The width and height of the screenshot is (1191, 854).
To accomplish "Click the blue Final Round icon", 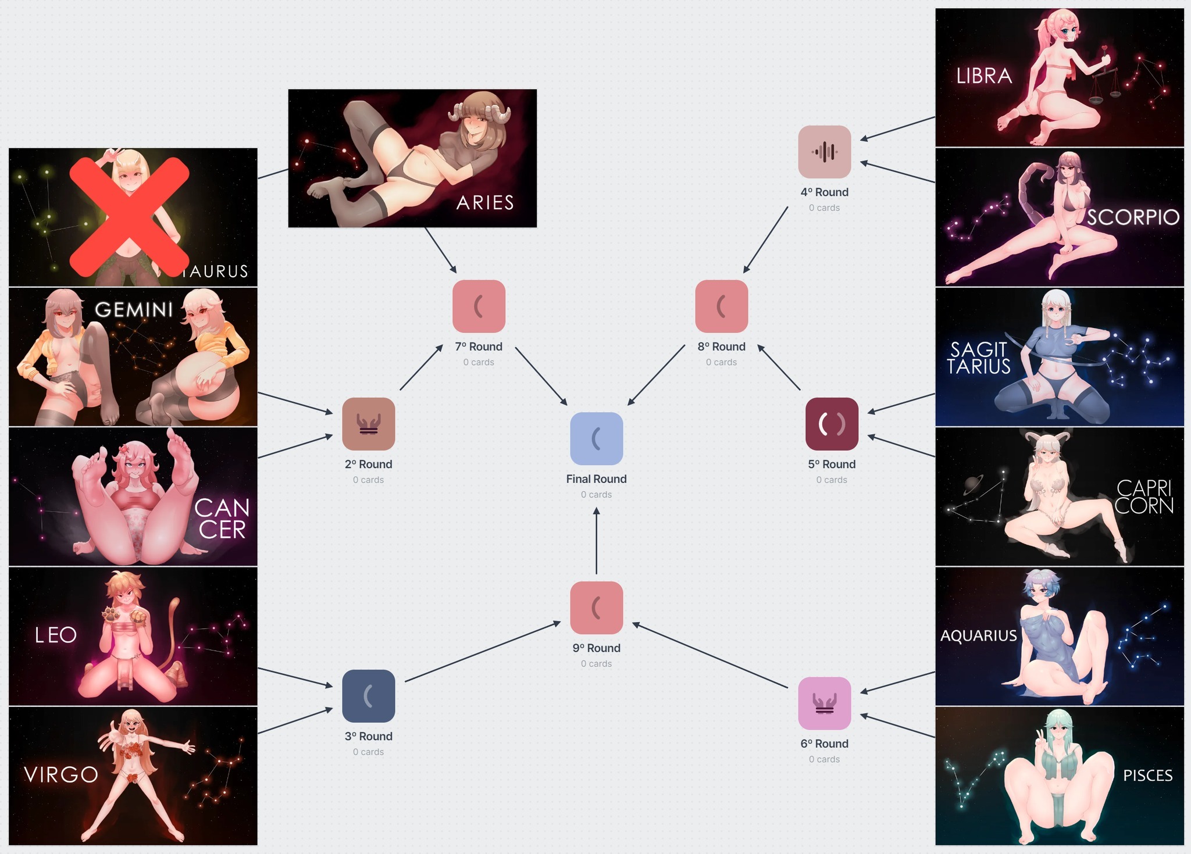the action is click(x=596, y=438).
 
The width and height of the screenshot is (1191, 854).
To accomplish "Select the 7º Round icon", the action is click(x=479, y=306).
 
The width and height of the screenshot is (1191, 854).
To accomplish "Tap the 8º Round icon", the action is click(x=721, y=306).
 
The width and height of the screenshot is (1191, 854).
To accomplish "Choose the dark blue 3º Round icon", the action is click(x=368, y=696).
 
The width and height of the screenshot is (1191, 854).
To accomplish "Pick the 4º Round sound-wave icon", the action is click(x=824, y=152).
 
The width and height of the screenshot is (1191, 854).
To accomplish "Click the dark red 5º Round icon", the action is click(x=832, y=424).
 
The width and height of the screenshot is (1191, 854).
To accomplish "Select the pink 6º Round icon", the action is click(x=824, y=703).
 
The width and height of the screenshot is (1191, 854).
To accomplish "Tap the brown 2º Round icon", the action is click(x=368, y=424).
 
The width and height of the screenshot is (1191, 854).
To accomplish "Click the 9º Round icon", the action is click(x=596, y=608).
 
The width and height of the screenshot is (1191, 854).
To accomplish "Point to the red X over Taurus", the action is click(x=130, y=217).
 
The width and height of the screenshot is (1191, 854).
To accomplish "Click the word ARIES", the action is click(x=485, y=202).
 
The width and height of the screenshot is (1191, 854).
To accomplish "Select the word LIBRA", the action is click(x=984, y=76).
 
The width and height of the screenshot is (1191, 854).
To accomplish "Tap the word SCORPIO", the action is click(x=1133, y=217).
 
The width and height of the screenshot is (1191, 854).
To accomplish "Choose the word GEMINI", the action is click(x=134, y=309).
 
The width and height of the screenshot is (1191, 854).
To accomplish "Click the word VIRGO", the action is click(x=61, y=774).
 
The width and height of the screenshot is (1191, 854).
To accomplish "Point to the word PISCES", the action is click(x=1147, y=776).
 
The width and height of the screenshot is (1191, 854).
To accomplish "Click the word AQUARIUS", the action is click(x=979, y=635).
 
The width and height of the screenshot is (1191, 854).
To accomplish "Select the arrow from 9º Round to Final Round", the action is click(x=596, y=541).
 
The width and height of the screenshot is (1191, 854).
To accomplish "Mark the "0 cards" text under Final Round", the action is click(x=596, y=494).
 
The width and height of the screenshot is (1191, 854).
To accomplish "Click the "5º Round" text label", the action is click(x=832, y=464).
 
